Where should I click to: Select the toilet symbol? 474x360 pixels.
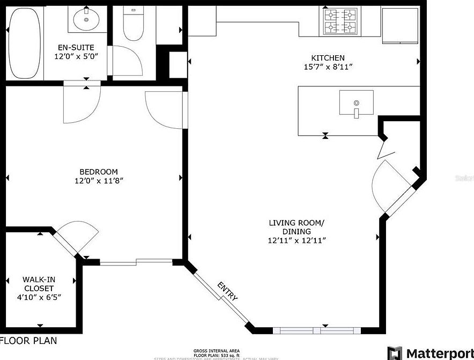(x=132, y=24)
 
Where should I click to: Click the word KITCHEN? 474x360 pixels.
(x=328, y=58)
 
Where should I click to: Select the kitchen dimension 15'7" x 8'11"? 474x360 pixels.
(x=328, y=67)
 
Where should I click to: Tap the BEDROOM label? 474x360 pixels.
(x=96, y=172)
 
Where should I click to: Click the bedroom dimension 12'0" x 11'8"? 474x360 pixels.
(x=96, y=181)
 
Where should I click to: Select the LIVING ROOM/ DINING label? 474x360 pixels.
(x=297, y=227)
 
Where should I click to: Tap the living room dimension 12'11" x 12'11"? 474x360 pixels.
(x=297, y=240)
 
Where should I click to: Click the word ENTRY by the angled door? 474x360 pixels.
(x=227, y=291)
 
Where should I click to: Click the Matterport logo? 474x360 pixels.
(x=429, y=352)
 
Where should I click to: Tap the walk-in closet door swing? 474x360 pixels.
(x=78, y=236)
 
